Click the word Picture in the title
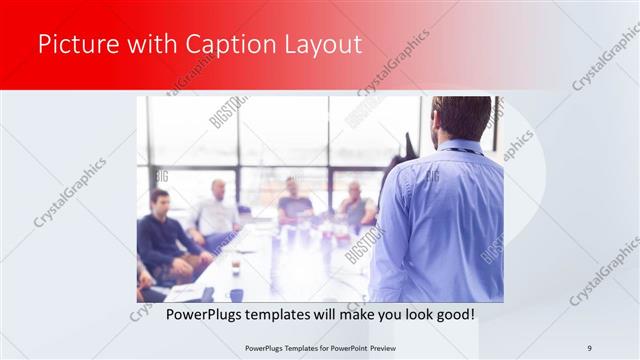pos(74,45)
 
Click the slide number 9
pos(590,347)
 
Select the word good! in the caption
pos(455,314)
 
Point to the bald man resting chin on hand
pos(354,205)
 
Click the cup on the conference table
pos(236,266)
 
